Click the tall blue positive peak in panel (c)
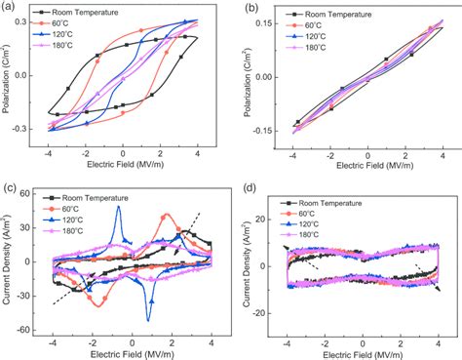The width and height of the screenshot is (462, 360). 118,207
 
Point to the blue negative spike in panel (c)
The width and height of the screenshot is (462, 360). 148,318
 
